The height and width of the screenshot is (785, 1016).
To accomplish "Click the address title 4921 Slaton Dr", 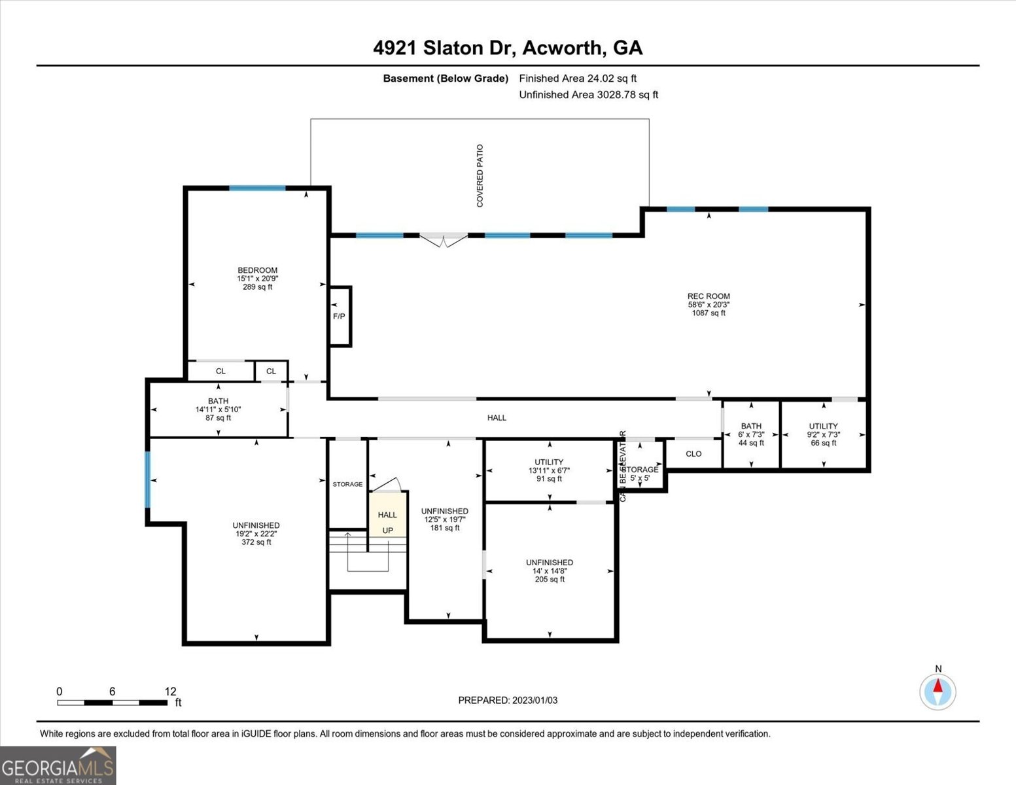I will [508, 48].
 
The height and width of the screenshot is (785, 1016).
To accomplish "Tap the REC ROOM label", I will [709, 296].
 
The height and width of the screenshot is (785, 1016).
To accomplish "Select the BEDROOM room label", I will [257, 270].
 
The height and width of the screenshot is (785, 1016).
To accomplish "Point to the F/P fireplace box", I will [340, 316].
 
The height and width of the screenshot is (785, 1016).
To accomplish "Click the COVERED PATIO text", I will [480, 176].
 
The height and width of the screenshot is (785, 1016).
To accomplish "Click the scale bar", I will [112, 703].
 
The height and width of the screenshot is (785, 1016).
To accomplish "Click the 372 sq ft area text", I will [256, 542].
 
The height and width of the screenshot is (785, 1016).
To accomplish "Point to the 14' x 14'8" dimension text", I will [550, 571].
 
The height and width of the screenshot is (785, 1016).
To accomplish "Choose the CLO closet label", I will [693, 454].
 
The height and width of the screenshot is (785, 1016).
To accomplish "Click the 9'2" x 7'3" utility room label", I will [823, 434].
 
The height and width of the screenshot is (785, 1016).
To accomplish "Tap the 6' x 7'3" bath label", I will [751, 434].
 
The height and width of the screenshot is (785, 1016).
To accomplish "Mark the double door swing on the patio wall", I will [444, 240].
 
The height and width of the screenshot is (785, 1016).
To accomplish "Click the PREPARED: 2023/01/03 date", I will [508, 700].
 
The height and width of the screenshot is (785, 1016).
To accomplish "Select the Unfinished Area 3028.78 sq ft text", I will [588, 95].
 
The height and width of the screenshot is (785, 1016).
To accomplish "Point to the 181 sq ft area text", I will [445, 528].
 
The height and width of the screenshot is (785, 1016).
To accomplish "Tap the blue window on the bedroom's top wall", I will [257, 188].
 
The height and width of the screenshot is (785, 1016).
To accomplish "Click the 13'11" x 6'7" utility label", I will [549, 470].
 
